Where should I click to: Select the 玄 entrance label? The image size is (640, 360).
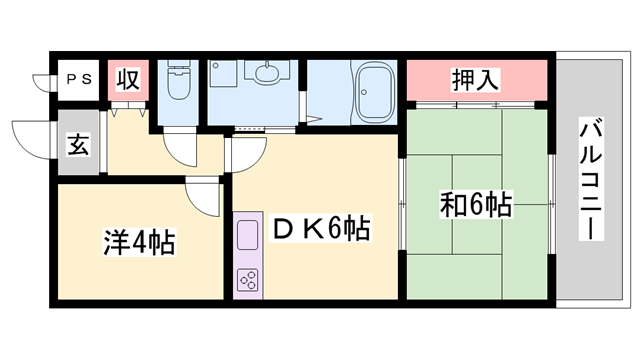tap(77, 145)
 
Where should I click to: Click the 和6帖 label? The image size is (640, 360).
tap(476, 206)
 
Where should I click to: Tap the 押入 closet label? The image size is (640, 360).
tap(476, 79)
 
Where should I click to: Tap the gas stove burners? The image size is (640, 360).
tap(246, 278)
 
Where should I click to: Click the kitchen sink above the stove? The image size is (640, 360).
tap(246, 237)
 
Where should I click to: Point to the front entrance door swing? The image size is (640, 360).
tap(28, 138)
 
